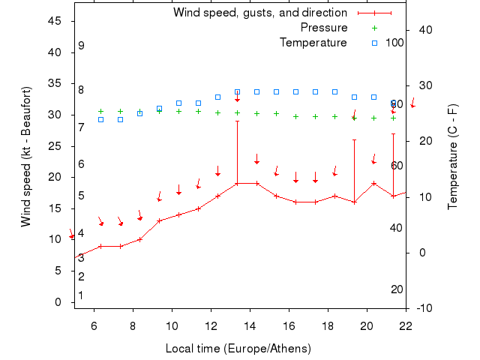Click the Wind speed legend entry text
click(259, 13)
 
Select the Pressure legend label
click(324, 28)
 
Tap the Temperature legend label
click(313, 43)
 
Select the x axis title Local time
click(238, 349)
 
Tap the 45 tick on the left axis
click(55, 21)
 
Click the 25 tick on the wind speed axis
click(55, 146)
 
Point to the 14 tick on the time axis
click(250, 325)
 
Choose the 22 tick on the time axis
click(406, 325)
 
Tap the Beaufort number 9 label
click(81, 46)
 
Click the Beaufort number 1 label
click(81, 295)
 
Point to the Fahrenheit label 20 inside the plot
click(397, 289)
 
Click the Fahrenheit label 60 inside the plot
click(397, 166)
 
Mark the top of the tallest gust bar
click(237, 121)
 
